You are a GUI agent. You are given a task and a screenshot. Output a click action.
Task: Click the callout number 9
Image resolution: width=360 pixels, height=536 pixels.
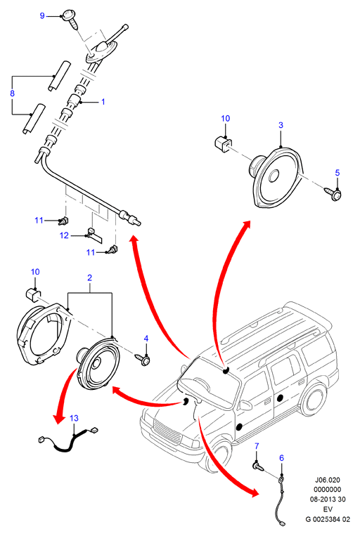(x=42, y=15)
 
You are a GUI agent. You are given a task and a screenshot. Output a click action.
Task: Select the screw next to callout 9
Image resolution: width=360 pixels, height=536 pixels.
(x=70, y=19)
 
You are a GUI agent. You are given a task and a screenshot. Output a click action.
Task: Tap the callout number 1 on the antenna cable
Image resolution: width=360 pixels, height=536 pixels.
(x=103, y=102)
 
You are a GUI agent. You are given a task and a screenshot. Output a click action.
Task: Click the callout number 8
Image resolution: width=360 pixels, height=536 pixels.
(x=13, y=93)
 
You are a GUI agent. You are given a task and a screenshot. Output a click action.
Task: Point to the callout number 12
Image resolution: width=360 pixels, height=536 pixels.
(x=64, y=235)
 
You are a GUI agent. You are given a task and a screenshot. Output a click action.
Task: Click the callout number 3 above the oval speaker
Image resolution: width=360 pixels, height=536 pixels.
(x=281, y=125)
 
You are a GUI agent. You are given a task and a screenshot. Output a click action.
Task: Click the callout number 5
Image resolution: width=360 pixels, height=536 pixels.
(x=337, y=173)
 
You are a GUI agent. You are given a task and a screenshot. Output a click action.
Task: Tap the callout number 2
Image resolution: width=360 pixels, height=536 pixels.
(x=90, y=277)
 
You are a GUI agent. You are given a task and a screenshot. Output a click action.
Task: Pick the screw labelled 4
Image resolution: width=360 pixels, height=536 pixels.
(x=143, y=359)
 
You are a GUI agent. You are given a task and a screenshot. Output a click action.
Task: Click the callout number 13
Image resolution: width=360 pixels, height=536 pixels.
(x=74, y=418)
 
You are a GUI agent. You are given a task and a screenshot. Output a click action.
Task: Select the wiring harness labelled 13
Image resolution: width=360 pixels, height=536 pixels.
(x=67, y=440)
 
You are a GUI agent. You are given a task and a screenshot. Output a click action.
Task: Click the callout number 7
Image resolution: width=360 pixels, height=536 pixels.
(x=257, y=446)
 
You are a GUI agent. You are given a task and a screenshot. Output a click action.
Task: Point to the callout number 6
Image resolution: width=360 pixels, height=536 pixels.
(x=281, y=457)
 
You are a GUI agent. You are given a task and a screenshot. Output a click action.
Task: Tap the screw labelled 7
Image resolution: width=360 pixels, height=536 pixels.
(x=257, y=466)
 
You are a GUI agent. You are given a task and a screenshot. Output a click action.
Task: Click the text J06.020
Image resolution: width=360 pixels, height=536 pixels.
(x=328, y=480)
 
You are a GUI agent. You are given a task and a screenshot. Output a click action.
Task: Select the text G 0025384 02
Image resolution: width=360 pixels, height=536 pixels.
(x=328, y=519)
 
